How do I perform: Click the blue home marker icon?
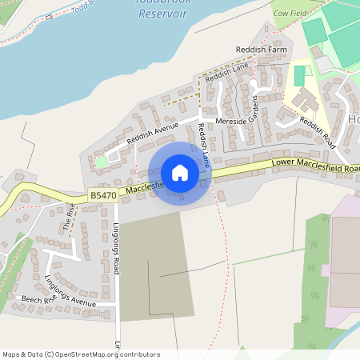(x=179, y=173)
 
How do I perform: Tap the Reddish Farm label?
(x=261, y=50)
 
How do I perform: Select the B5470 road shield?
(x=103, y=194)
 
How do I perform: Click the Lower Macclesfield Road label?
(x=316, y=163)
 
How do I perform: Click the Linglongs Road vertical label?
(x=116, y=248)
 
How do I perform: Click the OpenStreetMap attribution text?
(x=81, y=354)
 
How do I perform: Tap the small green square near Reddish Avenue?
(x=102, y=162)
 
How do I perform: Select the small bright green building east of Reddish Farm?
(x=301, y=76)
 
